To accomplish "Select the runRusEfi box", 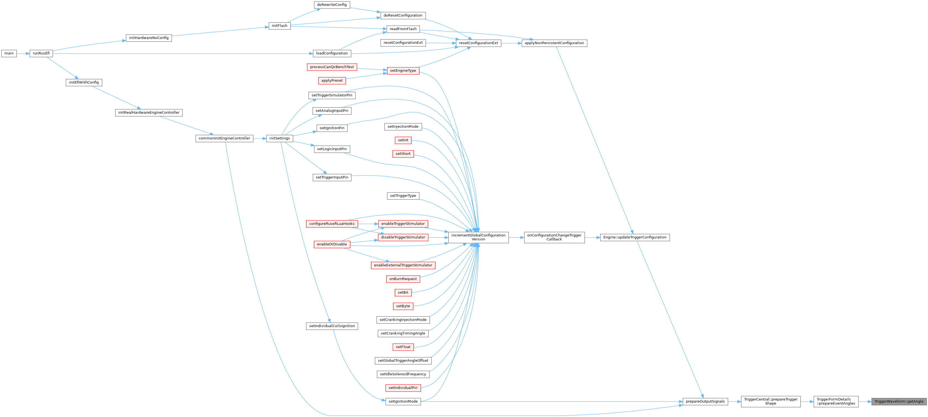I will click(x=41, y=53).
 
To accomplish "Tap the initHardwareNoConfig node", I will click(x=148, y=38).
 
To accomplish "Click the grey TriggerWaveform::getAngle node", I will click(x=899, y=402).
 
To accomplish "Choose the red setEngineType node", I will click(x=403, y=71).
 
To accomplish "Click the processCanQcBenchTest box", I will click(x=332, y=67).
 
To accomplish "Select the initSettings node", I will click(x=279, y=138).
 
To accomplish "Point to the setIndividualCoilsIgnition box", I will click(x=332, y=326).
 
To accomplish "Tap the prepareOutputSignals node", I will click(x=705, y=402).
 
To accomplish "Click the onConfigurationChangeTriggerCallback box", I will click(x=554, y=237).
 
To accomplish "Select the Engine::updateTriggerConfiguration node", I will click(x=635, y=237).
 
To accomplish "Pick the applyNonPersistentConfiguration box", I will click(x=554, y=43).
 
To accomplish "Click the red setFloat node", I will click(x=403, y=347).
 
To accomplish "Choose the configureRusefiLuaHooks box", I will click(x=332, y=224).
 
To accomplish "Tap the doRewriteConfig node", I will click(x=332, y=5).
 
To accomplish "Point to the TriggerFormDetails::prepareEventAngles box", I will click(x=836, y=402).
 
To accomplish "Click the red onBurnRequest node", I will click(x=403, y=279).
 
